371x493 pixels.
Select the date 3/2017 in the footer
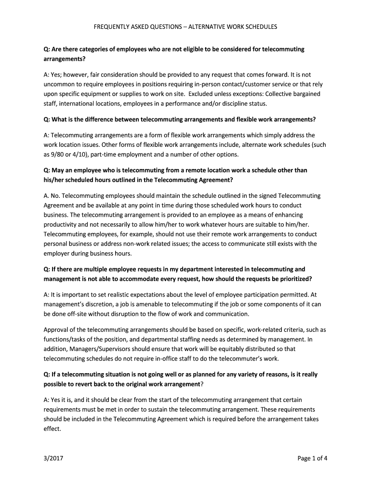point(53,458)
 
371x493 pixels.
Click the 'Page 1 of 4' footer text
point(313,458)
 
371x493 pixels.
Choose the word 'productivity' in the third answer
point(61,224)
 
